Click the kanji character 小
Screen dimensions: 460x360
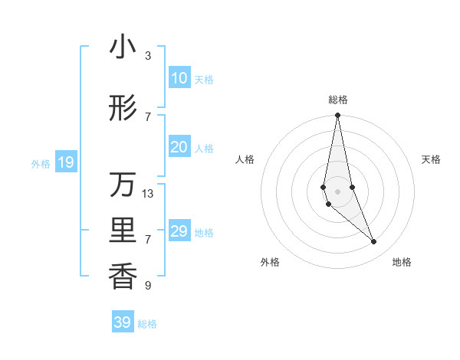click(123, 48)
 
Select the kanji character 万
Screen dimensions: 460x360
click(123, 186)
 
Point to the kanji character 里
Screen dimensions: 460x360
click(123, 231)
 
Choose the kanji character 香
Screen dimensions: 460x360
click(123, 277)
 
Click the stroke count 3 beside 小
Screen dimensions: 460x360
click(148, 56)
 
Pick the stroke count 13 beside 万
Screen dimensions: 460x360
click(148, 194)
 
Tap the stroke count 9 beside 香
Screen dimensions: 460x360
click(148, 286)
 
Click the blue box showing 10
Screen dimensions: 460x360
click(179, 78)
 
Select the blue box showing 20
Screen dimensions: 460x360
click(179, 147)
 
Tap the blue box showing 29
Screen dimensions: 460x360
click(179, 231)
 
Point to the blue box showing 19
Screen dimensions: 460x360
click(66, 162)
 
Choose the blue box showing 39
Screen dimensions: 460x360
click(123, 322)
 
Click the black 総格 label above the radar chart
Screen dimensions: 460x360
click(338, 100)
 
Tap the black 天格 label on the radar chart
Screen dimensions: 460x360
click(431, 159)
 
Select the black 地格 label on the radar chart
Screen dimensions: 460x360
click(402, 262)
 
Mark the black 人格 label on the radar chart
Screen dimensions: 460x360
click(245, 159)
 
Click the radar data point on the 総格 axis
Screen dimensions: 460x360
click(337, 116)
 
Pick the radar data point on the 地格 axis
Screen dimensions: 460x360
click(374, 242)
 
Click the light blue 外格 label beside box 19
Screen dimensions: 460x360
click(41, 163)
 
